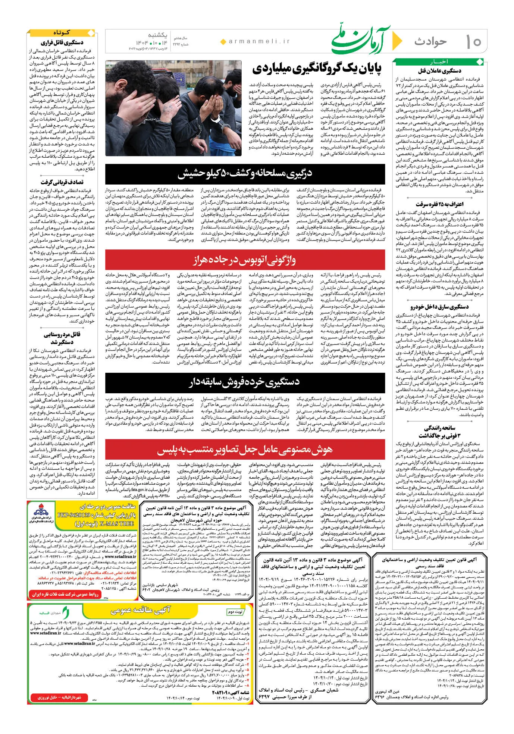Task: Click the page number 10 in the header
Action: [x=473, y=42]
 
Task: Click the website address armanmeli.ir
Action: [x=258, y=42]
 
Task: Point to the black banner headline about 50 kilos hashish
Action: [x=245, y=174]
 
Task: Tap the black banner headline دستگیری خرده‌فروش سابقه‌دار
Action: [x=245, y=382]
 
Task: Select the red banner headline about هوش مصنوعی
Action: [x=245, y=450]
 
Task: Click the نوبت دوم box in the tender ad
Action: [x=235, y=612]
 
